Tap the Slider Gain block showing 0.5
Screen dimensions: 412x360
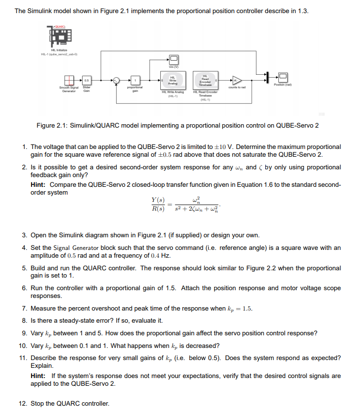86,80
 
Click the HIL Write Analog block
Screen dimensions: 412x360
172,81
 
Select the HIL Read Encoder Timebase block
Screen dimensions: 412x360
205,81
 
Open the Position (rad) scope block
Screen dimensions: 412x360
283,77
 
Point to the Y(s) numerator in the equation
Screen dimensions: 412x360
158,200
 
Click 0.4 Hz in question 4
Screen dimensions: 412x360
161,256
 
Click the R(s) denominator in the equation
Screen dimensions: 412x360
158,209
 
